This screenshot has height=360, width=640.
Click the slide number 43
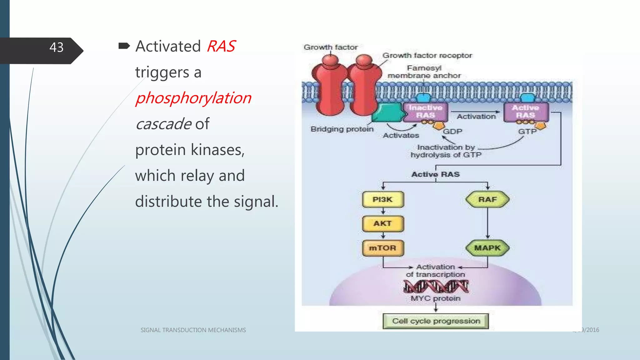[x=56, y=47]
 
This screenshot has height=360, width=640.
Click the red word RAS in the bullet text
[x=221, y=47]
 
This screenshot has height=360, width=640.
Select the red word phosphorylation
[x=193, y=98]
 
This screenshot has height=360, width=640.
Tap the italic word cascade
[x=163, y=124]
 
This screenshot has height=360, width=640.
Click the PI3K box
[x=383, y=199]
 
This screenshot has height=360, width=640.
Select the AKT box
[x=383, y=223]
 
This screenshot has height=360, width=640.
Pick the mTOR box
[x=383, y=248]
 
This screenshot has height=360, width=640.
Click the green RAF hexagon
[x=487, y=199]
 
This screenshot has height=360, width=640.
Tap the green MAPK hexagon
[x=487, y=248]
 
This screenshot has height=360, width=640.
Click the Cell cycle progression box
[x=436, y=321]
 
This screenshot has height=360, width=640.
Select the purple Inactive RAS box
[x=425, y=112]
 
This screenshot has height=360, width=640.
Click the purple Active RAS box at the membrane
[x=526, y=112]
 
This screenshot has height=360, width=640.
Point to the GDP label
[x=452, y=132]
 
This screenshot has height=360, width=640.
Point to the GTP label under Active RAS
[x=527, y=132]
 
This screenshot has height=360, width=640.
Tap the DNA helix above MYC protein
[x=436, y=286]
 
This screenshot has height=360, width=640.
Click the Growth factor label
[x=331, y=47]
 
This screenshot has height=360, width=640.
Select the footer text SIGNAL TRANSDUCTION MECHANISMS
[x=193, y=330]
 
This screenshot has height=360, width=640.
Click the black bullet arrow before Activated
[x=124, y=46]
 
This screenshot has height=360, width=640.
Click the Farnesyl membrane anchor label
[x=424, y=72]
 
